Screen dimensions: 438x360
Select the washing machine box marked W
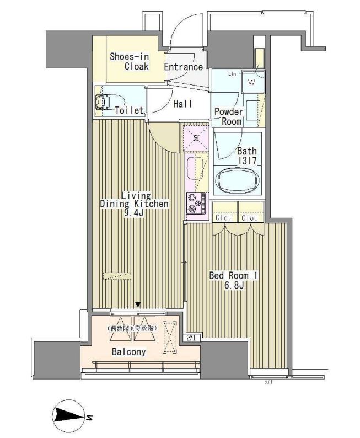251,83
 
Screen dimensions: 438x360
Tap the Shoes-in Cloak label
128,61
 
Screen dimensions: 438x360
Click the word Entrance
184,67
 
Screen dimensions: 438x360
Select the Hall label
182,103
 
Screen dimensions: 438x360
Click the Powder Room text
228,116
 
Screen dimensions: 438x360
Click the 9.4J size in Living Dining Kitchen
133,212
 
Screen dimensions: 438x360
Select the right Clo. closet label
250,218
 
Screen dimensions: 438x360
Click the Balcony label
129,351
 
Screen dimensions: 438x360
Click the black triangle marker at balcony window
138,305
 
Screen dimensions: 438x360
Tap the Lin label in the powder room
232,73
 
